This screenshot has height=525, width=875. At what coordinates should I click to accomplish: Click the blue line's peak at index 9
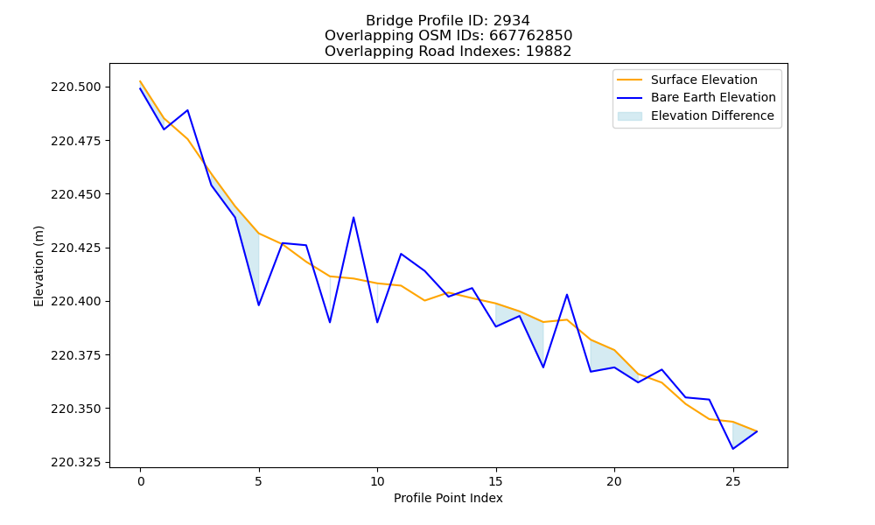353,218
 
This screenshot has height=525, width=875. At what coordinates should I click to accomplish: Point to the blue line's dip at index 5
258,305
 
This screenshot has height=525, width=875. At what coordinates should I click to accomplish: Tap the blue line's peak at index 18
567,295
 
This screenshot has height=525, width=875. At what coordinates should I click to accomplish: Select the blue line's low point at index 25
732,449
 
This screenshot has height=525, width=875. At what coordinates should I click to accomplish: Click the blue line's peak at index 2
187,110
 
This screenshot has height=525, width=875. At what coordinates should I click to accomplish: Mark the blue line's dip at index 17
543,367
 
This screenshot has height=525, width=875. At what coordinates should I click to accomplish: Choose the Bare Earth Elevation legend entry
696,98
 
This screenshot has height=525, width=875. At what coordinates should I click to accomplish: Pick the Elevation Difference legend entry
696,115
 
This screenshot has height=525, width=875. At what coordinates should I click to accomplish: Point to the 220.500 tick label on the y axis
76,87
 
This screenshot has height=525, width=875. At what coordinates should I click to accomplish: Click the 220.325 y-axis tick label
76,463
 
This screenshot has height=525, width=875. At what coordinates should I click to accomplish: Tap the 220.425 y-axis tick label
76,248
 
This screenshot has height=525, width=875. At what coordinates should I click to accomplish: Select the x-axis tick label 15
495,481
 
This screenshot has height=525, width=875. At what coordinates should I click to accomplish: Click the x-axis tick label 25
732,481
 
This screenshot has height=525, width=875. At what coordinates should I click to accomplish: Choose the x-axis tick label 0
140,481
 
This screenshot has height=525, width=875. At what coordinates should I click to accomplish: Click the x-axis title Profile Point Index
448,498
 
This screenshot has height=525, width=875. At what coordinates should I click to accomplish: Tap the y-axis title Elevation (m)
38,266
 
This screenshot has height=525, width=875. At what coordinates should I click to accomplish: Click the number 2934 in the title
511,21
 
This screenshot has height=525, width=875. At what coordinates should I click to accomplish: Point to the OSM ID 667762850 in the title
531,36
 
